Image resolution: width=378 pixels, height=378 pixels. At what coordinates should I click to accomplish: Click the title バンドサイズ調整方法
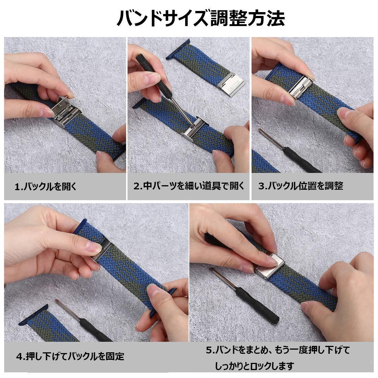point(200,18)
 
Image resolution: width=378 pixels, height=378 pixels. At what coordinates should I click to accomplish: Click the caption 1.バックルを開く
point(45,186)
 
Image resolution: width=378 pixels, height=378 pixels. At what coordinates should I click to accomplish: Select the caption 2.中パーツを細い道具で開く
point(189,186)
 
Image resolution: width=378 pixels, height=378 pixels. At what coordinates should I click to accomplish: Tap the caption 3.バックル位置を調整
point(301,186)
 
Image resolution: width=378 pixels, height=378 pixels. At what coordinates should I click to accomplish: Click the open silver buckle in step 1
point(67,113)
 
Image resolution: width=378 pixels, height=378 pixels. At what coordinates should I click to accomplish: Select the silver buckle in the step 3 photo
point(301,87)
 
